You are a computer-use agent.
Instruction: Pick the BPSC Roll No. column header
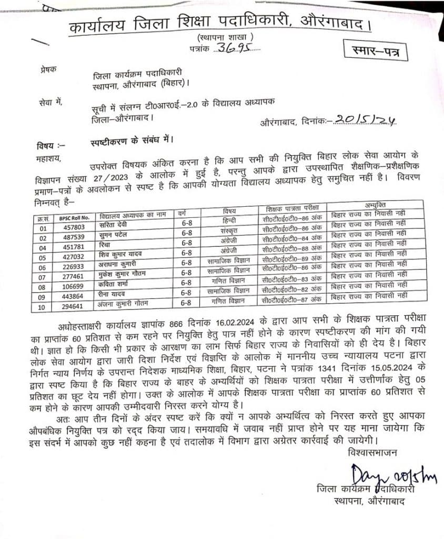(73, 216)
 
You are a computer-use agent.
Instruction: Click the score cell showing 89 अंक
(291, 259)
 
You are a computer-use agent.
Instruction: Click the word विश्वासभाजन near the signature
(373, 452)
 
